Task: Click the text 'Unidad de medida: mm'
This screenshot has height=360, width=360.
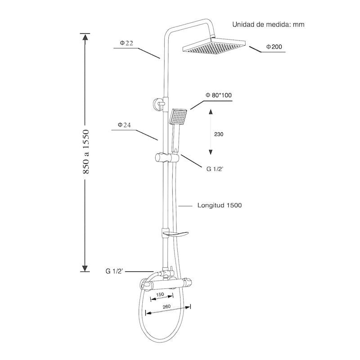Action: click(268, 24)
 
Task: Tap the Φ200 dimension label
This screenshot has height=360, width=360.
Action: click(274, 47)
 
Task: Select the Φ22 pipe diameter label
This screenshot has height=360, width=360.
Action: click(126, 43)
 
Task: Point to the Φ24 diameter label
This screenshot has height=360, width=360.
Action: click(124, 125)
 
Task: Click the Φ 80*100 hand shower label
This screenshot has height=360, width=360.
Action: click(219, 95)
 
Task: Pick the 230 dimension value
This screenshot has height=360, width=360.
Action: click(219, 134)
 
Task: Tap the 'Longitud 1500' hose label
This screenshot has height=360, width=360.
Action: click(220, 205)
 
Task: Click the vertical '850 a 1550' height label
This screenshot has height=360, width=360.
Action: click(86, 152)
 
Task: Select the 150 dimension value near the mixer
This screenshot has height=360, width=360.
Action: click(160, 294)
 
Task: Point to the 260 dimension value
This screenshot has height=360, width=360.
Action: click(166, 306)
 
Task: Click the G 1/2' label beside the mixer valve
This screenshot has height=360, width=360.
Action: click(114, 271)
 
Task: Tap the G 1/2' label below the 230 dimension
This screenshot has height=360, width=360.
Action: click(215, 169)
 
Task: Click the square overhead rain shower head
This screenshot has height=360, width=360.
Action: click(214, 46)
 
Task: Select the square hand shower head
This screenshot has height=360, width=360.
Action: click(178, 116)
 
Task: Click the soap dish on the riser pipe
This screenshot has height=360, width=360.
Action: click(175, 234)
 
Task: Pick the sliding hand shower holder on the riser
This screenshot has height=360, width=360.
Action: click(166, 158)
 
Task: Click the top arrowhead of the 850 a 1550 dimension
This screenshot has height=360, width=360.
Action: click(85, 37)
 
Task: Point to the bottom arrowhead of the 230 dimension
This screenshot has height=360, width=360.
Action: click(211, 152)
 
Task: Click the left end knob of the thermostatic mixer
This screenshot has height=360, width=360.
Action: click(145, 285)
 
